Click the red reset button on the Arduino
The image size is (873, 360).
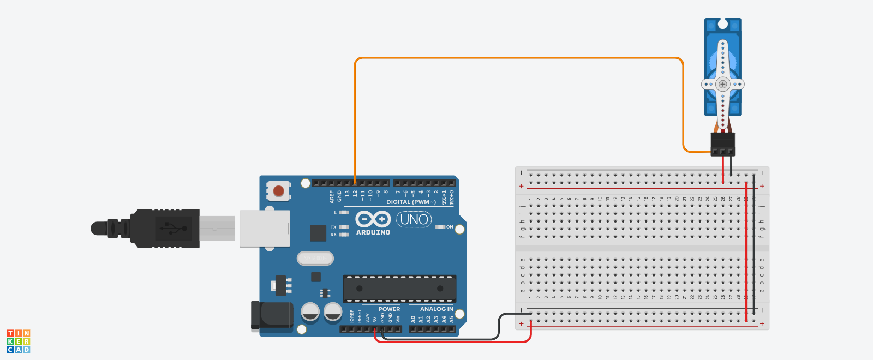click(x=278, y=191)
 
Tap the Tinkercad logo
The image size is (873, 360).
click(x=19, y=341)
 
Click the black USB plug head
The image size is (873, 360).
click(x=164, y=228)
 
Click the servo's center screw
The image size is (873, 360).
click(x=723, y=85)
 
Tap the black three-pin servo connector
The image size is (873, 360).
click(x=722, y=144)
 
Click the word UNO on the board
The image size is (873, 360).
click(x=414, y=220)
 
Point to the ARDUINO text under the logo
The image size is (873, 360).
click(x=373, y=232)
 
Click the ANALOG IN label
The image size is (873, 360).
click(x=436, y=309)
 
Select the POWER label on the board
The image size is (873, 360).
click(x=389, y=309)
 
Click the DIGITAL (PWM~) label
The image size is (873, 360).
click(x=411, y=202)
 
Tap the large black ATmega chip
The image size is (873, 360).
click(x=399, y=289)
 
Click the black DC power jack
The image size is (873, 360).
click(x=272, y=316)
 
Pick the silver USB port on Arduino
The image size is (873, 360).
click(x=265, y=228)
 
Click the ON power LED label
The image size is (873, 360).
click(x=450, y=227)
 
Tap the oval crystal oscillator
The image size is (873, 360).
click(x=315, y=258)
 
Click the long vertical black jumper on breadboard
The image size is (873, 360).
click(x=754, y=245)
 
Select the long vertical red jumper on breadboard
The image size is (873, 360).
click(x=746, y=251)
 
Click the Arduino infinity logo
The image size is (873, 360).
click(x=373, y=219)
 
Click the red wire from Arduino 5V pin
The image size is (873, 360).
click(x=453, y=342)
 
